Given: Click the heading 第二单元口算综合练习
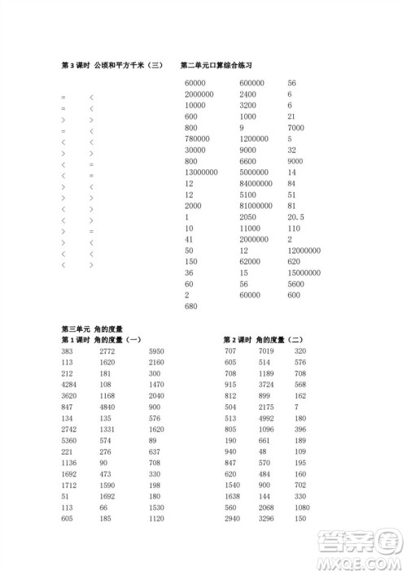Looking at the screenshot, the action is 217,64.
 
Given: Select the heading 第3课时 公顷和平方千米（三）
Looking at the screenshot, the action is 113,64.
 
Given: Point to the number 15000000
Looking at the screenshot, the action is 304,273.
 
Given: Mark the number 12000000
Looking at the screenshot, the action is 304,250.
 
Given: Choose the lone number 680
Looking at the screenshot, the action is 191,307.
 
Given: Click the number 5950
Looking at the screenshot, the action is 156,350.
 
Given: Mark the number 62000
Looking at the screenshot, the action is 250,262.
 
